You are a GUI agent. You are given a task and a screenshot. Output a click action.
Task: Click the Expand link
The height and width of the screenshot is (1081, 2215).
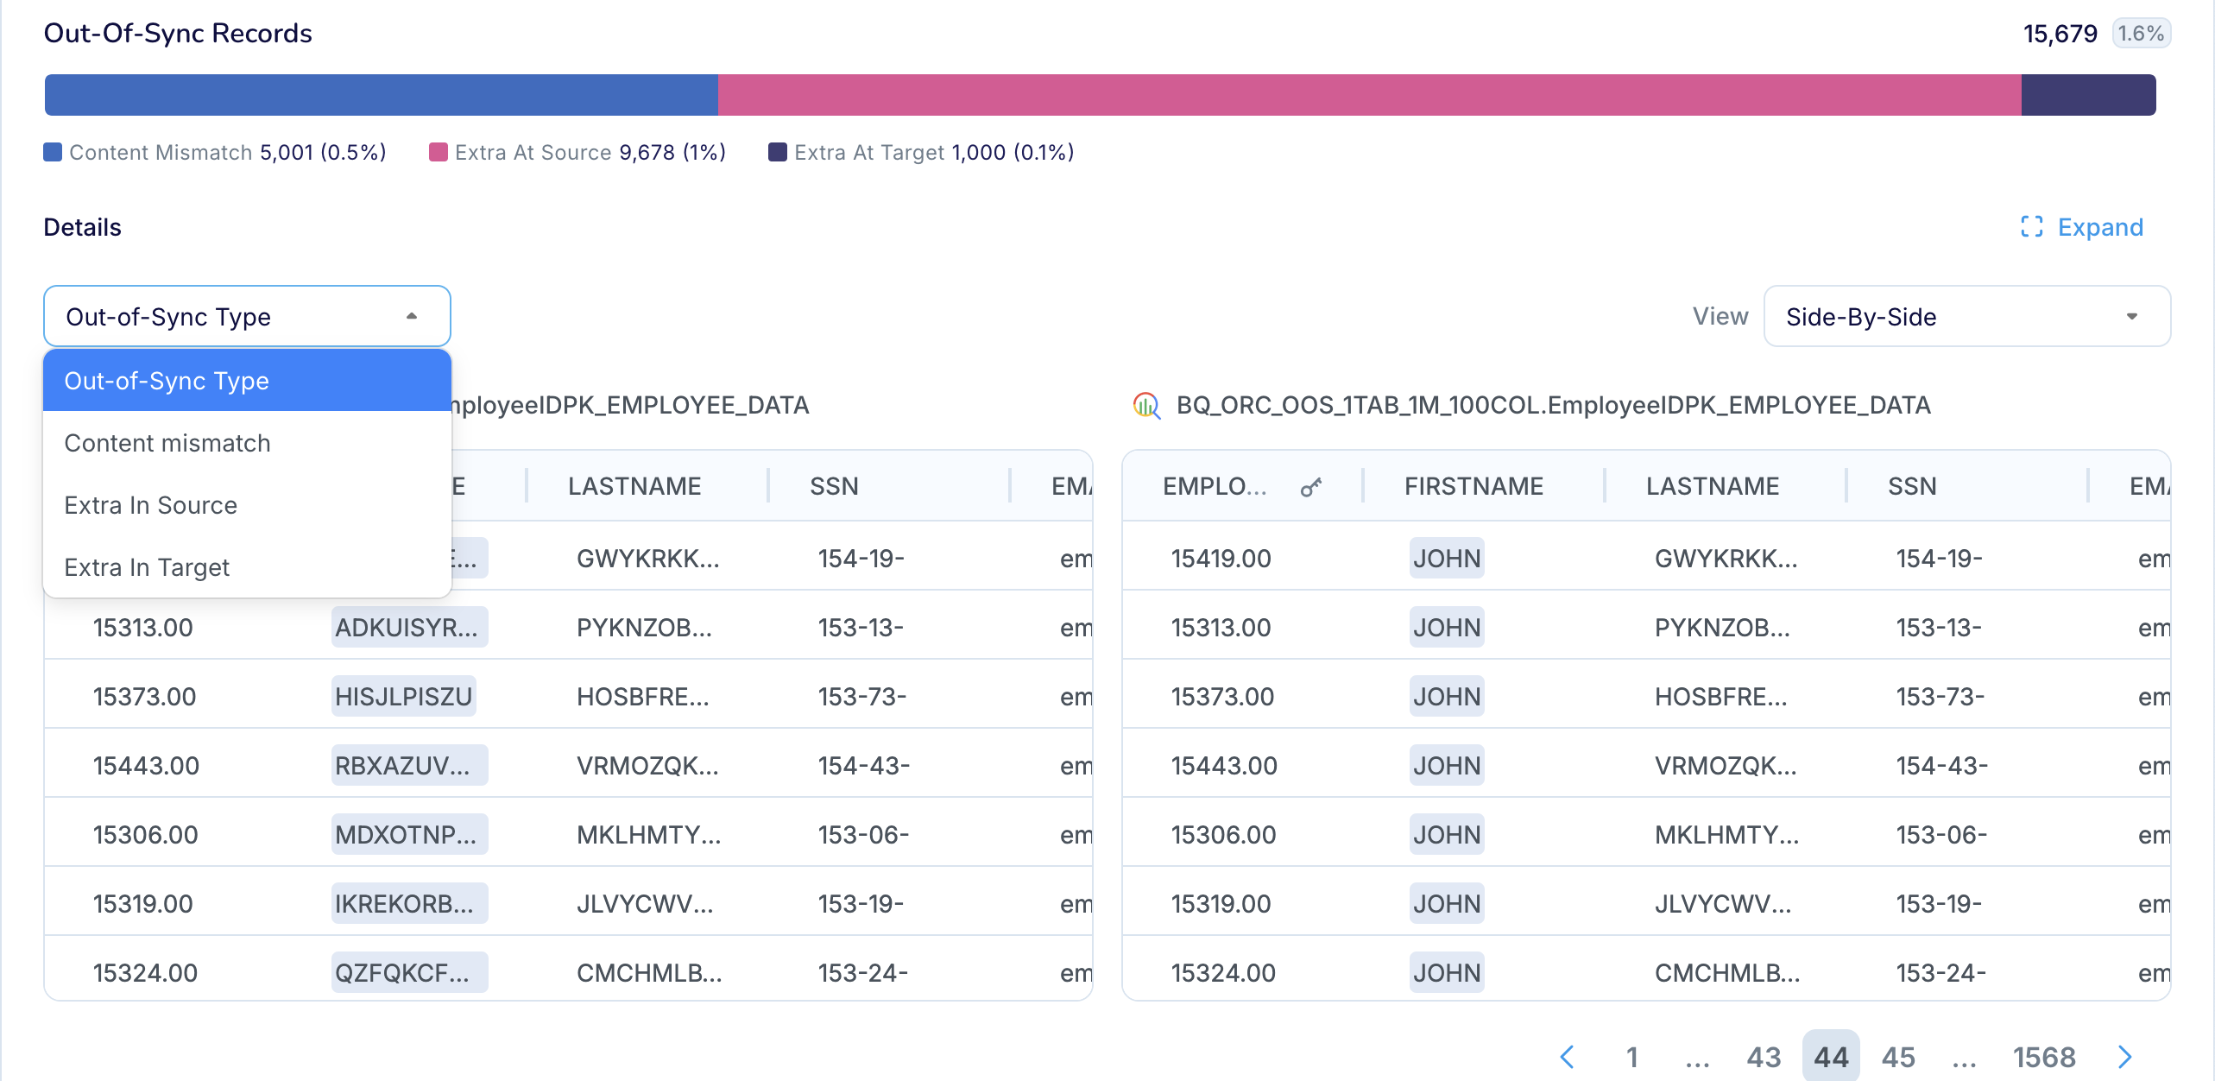tap(2082, 227)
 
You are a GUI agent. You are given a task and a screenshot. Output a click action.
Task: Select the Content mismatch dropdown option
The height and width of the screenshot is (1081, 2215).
tap(167, 443)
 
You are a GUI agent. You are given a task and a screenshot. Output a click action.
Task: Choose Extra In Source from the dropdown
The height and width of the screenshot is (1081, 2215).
tap(151, 505)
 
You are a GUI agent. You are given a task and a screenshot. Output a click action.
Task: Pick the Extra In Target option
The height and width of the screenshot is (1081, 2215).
tap(147, 567)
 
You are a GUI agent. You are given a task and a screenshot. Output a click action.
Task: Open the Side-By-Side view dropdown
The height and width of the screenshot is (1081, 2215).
tap(1966, 317)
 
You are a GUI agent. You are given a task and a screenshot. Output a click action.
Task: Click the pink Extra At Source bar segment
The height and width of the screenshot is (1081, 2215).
tap(1368, 95)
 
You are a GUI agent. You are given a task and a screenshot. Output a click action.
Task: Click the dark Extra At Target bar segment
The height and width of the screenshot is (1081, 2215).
tap(2087, 95)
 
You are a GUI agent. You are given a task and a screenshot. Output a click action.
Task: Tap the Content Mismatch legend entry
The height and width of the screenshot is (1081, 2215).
tap(214, 153)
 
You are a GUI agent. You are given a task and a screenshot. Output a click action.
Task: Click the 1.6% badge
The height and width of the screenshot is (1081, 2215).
tap(2141, 34)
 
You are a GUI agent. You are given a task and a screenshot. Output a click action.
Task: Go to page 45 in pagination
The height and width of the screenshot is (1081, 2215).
tap(1898, 1057)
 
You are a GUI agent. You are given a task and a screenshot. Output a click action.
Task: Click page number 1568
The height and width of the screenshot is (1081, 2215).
tap(2043, 1057)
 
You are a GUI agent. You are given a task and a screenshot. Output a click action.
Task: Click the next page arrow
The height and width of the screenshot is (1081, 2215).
tap(2125, 1057)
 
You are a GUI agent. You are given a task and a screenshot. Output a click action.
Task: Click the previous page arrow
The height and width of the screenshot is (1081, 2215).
tap(1568, 1057)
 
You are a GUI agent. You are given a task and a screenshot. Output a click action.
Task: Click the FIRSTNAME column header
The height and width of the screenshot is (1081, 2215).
tap(1474, 486)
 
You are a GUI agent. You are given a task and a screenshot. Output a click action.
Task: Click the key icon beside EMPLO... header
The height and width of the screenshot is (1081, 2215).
tap(1310, 488)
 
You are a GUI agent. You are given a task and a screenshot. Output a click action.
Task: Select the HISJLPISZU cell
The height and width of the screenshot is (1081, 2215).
tap(403, 697)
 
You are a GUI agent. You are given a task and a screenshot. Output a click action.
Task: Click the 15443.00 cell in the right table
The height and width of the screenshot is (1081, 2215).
tap(1223, 766)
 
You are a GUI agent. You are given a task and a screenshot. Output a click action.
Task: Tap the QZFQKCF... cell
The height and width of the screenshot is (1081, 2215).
tap(402, 973)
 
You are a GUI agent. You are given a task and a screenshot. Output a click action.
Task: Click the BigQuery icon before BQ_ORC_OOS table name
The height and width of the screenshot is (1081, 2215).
tap(1146, 405)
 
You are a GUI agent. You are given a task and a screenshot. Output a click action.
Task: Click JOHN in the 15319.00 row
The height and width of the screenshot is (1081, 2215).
tap(1446, 904)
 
